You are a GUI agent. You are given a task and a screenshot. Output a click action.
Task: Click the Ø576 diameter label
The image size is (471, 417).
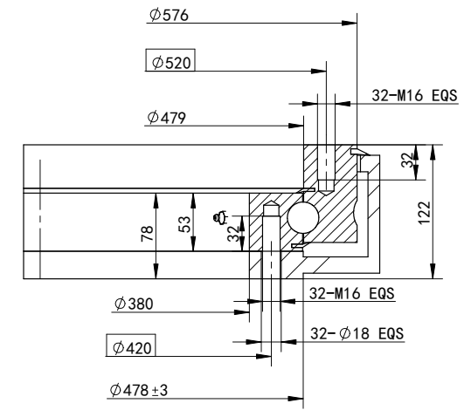[170, 17]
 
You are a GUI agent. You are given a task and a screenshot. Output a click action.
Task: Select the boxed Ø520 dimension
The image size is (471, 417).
[170, 63]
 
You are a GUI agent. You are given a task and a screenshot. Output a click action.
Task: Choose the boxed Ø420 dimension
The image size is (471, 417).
[130, 348]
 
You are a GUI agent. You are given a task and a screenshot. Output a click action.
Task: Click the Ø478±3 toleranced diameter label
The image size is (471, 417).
[140, 388]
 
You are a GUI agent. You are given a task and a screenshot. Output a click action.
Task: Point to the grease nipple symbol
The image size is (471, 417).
[222, 215]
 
